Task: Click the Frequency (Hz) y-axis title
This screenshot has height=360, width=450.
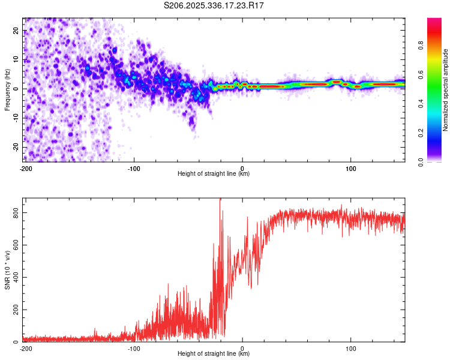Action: [x=7, y=90]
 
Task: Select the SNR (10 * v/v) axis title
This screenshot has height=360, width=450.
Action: [x=7, y=270]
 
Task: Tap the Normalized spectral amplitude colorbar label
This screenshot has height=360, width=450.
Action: [x=446, y=90]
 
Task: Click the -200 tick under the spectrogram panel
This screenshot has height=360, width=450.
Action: [x=25, y=169]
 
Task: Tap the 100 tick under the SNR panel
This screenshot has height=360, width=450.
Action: [x=351, y=349]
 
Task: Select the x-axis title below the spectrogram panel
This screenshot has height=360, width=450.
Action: [x=214, y=174]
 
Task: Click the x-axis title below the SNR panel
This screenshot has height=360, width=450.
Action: [x=214, y=354]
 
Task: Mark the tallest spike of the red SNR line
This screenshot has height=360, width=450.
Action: [x=220, y=200]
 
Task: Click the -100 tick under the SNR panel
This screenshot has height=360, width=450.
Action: [x=134, y=349]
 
